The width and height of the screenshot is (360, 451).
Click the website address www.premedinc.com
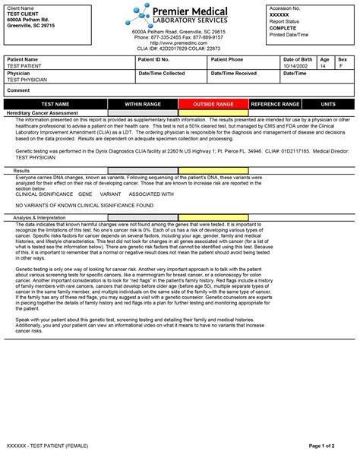178,43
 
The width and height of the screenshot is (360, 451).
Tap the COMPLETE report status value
283,27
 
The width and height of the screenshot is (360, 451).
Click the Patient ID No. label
154,59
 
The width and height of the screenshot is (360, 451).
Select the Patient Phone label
227,59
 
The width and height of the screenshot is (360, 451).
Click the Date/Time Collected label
161,73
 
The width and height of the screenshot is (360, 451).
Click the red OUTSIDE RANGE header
213,103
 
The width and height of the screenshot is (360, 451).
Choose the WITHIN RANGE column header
143,103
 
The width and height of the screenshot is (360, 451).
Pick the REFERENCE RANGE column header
276,103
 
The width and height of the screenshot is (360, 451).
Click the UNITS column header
328,103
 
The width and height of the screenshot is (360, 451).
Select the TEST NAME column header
54,103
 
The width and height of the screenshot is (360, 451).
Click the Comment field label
18,90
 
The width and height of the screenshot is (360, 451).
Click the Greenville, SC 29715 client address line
31,25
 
